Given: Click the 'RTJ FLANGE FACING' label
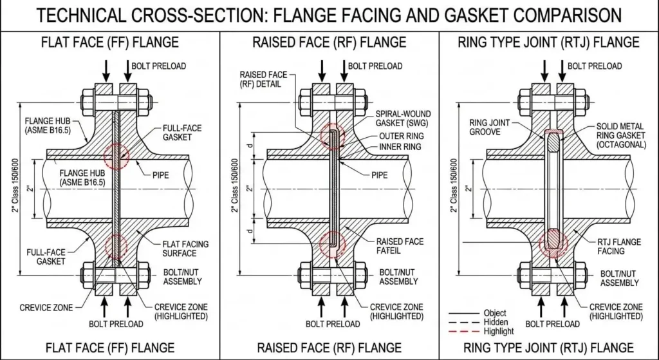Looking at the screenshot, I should click(x=618, y=247).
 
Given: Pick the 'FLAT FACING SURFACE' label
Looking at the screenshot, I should click(x=185, y=248).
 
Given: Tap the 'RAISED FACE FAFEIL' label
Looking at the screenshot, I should click(x=400, y=246).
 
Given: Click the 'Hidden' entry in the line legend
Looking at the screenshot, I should click(x=495, y=322).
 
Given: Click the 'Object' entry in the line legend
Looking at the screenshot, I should click(x=495, y=313).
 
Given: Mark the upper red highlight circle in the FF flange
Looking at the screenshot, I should click(x=116, y=156).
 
